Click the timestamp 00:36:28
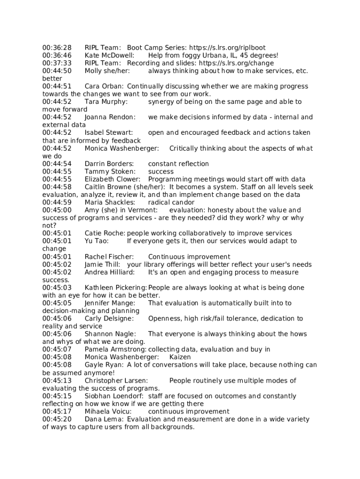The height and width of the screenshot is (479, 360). click(x=57, y=48)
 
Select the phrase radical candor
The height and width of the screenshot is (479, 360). click(x=171, y=203)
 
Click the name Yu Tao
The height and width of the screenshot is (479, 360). click(x=96, y=241)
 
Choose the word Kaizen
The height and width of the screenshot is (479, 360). click(x=180, y=357)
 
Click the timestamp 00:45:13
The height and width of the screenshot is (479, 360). click(x=57, y=380)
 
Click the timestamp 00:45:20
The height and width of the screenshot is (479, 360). click(x=57, y=419)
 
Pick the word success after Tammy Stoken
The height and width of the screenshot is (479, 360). click(x=161, y=172)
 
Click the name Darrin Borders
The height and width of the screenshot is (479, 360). click(x=109, y=164)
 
